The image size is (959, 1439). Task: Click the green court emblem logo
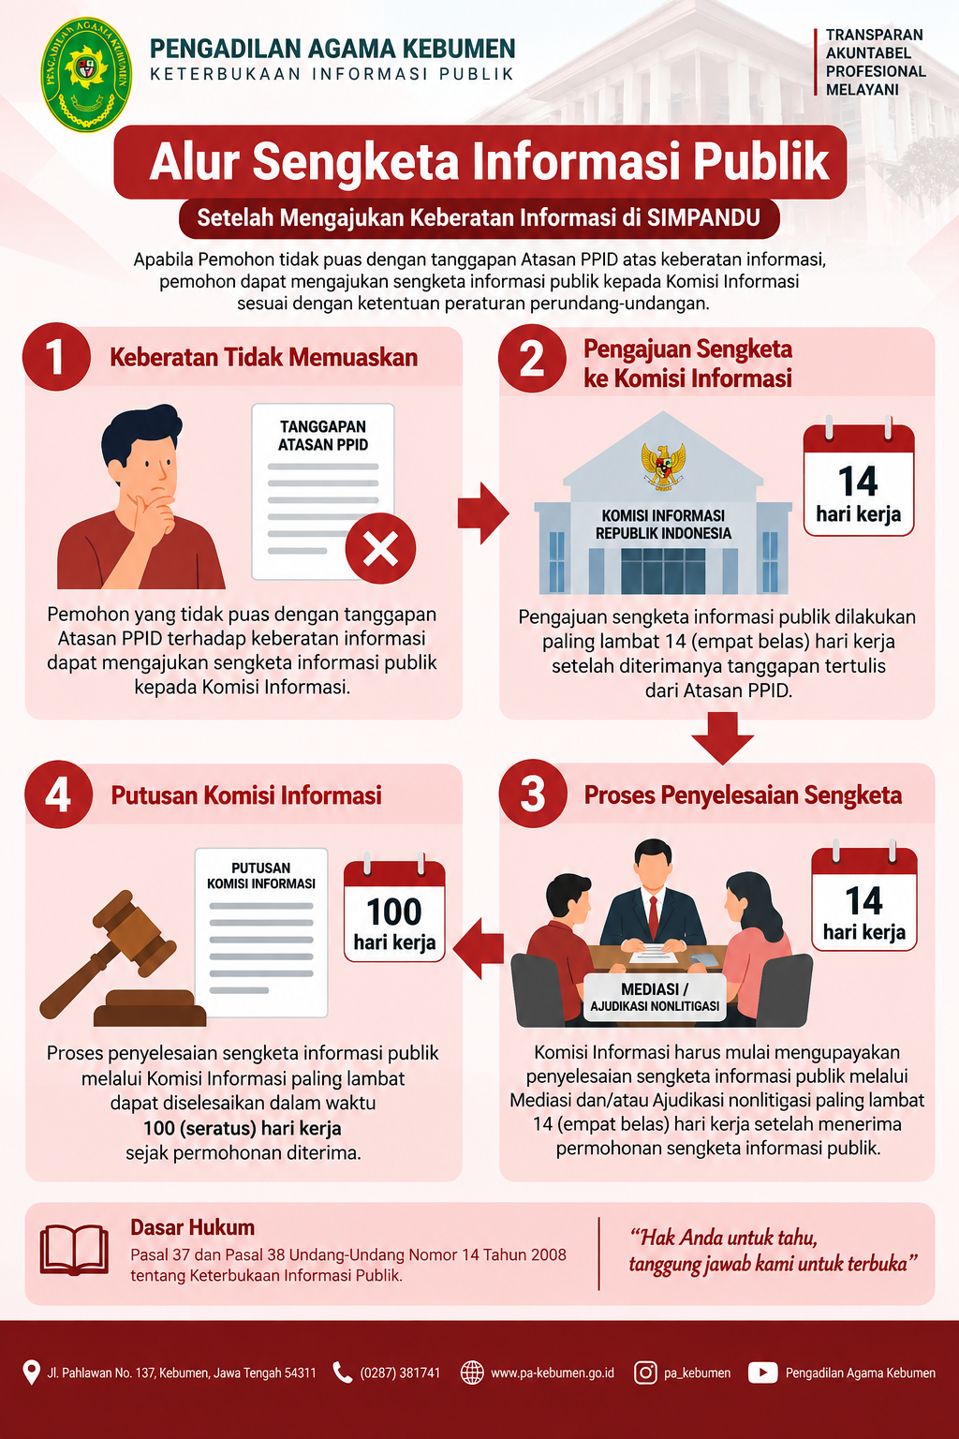coord(86,75)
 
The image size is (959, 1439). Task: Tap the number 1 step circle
coord(56,357)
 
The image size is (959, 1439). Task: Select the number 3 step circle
coord(533,794)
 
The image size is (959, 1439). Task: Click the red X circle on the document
coord(380,549)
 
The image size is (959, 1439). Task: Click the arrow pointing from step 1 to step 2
coord(483,513)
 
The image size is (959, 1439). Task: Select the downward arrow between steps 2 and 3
coord(723,737)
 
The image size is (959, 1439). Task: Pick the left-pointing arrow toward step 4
coord(479,948)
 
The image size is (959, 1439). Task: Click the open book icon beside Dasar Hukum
coord(74,1250)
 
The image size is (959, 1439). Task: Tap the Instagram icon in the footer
coord(645,1372)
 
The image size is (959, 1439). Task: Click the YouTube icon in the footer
coord(762,1372)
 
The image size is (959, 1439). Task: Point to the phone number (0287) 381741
coord(400,1373)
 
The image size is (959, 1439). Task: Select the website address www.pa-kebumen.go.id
coord(553,1373)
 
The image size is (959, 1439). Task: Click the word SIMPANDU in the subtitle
coord(703,217)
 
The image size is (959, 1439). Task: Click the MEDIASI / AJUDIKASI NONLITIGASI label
coord(655,998)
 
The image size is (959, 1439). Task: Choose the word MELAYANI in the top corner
coord(862,90)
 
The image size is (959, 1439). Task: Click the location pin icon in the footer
coord(31,1372)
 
